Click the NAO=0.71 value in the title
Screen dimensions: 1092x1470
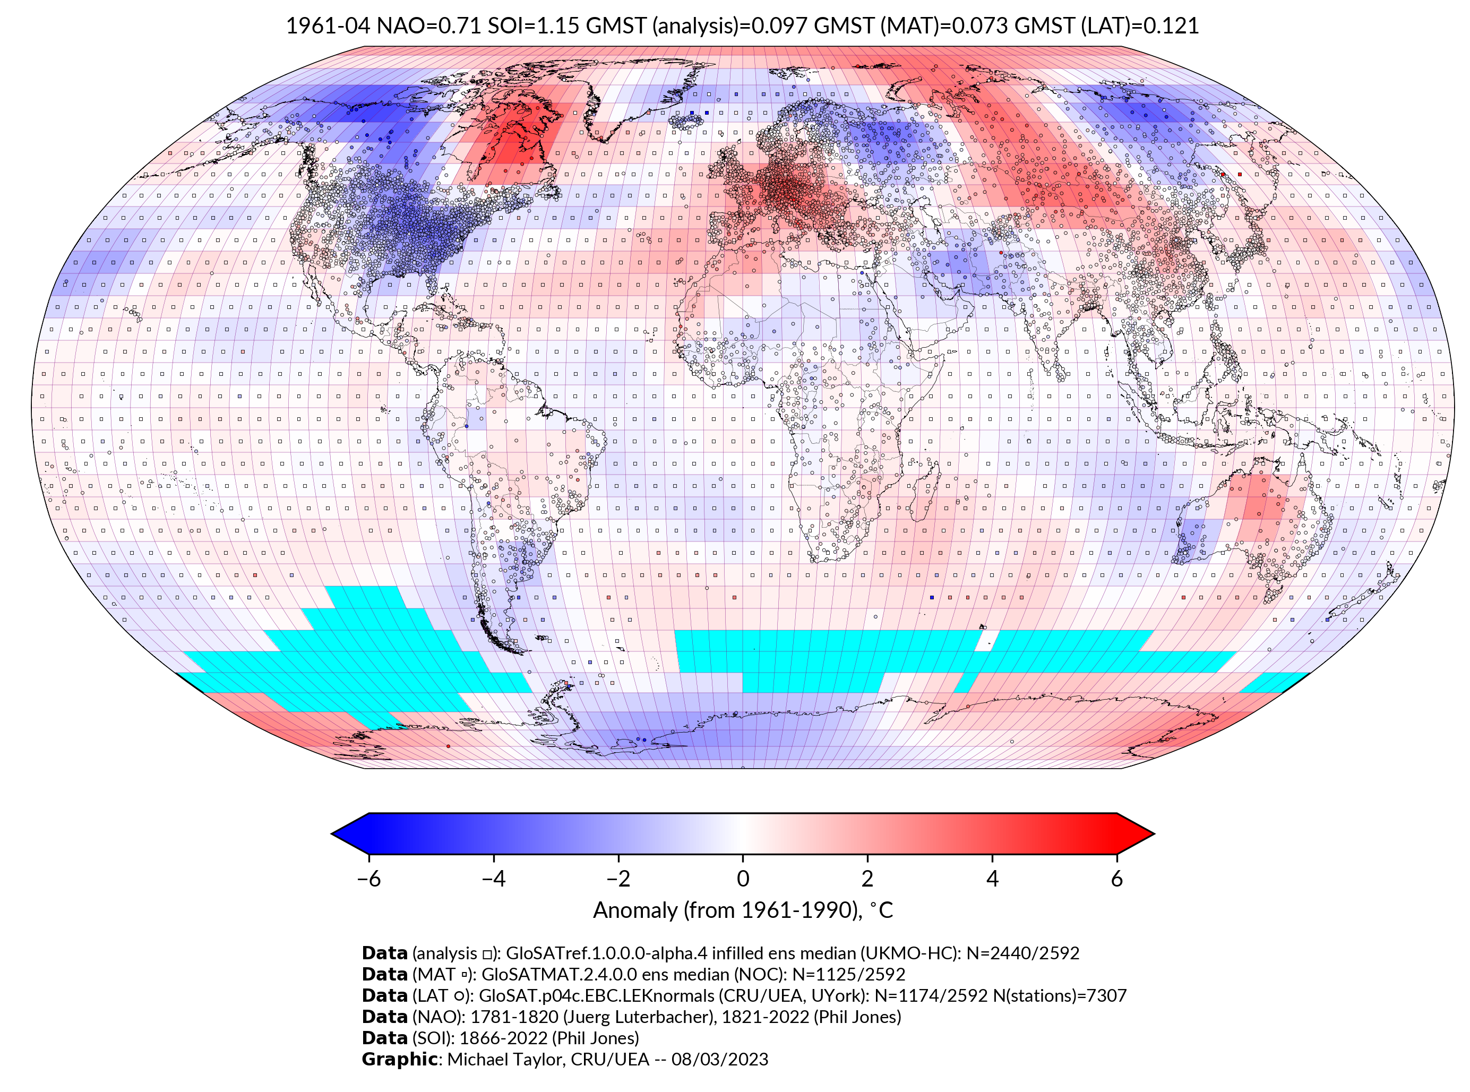point(429,26)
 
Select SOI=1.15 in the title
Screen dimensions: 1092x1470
point(534,26)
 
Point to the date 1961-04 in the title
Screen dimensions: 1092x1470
point(328,26)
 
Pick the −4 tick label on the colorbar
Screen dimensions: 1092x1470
point(493,879)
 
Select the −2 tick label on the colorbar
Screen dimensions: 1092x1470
point(618,879)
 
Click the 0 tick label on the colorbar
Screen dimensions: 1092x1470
point(743,879)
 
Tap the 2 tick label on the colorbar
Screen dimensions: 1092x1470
point(867,879)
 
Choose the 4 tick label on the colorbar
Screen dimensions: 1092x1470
point(992,879)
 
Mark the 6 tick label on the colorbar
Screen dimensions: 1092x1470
point(1117,879)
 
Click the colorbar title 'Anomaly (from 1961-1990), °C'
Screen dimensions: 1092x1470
point(743,910)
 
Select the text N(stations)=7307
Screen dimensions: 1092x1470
point(1060,995)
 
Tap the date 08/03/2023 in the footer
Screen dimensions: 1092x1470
point(720,1059)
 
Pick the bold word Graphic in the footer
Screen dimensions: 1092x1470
point(399,1059)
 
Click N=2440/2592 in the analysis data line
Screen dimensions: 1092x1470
point(1022,953)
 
